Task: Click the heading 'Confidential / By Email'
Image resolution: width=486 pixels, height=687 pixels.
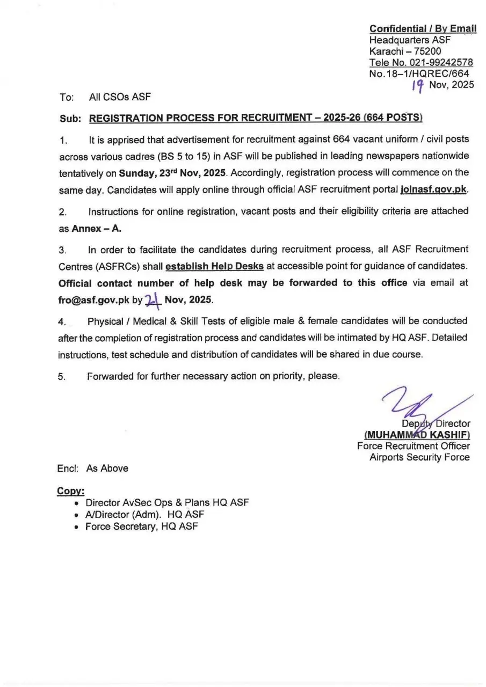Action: tap(422, 28)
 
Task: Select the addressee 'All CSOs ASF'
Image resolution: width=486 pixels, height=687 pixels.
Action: tap(119, 97)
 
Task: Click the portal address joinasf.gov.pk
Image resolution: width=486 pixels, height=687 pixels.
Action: tap(434, 190)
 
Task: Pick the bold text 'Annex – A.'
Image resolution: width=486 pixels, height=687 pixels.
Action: tap(97, 228)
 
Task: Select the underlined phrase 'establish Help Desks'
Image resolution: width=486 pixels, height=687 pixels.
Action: tap(214, 266)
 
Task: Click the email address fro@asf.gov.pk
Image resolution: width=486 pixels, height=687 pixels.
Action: tap(93, 300)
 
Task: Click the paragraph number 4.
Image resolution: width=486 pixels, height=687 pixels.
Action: tap(61, 321)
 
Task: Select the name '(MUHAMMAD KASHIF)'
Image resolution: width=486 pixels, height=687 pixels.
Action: tap(417, 435)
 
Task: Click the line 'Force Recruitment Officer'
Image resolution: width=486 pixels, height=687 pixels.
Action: tap(413, 446)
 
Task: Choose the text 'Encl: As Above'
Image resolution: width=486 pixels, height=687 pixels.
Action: tap(93, 469)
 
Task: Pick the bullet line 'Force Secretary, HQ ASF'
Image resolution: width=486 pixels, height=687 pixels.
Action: tap(142, 527)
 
